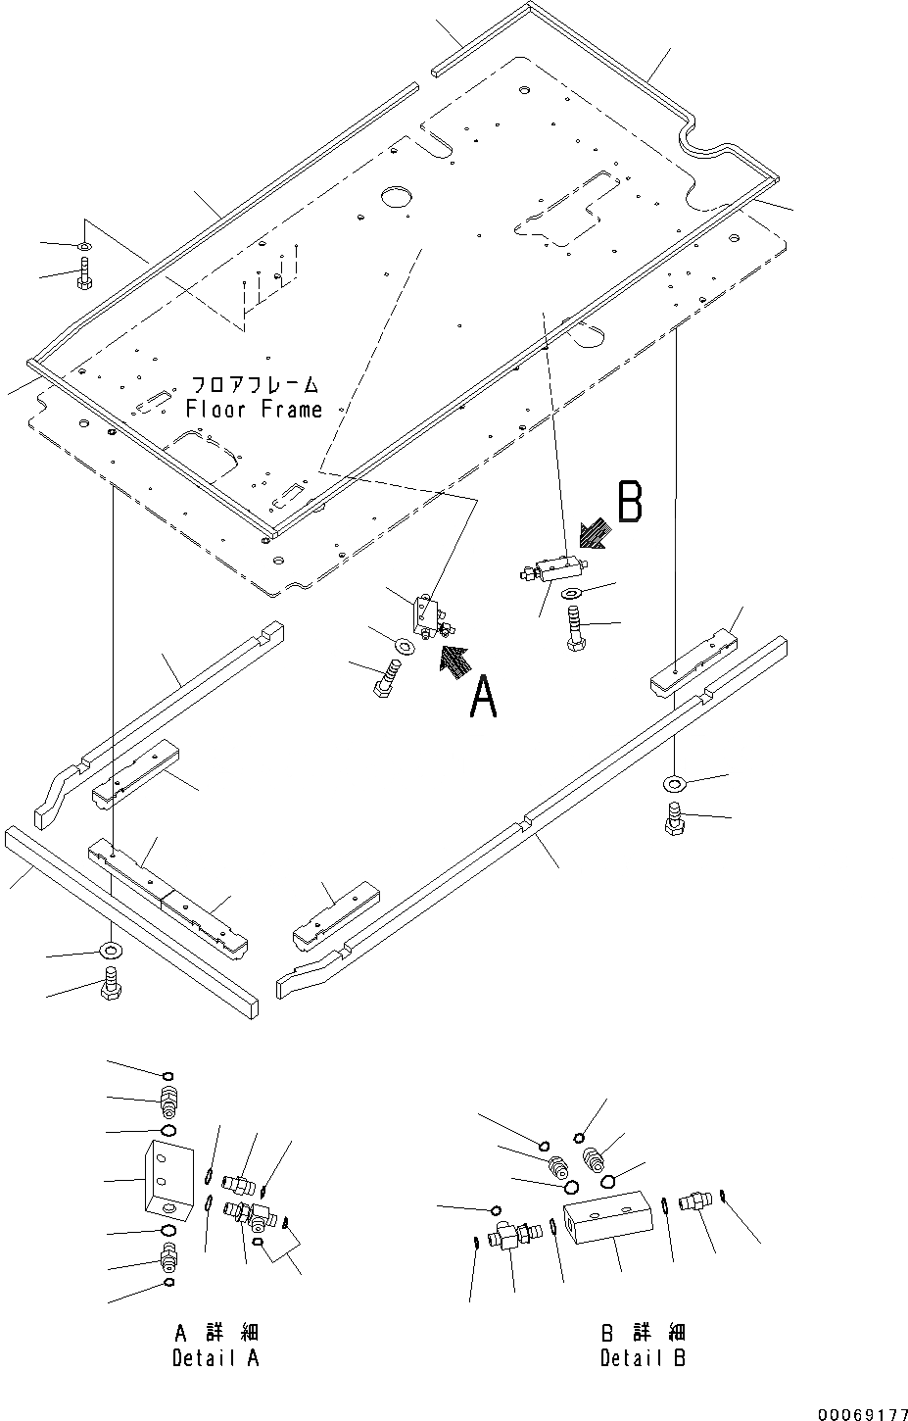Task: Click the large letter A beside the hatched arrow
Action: coord(483,697)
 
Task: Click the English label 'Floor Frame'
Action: coord(255,409)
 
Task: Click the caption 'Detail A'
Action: coord(216,1357)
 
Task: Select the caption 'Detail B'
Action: coord(643,1357)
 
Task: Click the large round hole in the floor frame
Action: coord(398,196)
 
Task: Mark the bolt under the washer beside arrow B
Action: coord(573,628)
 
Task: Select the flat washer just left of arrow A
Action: coord(402,646)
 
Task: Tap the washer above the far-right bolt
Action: coord(673,782)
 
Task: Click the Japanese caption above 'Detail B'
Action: coord(643,1334)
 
